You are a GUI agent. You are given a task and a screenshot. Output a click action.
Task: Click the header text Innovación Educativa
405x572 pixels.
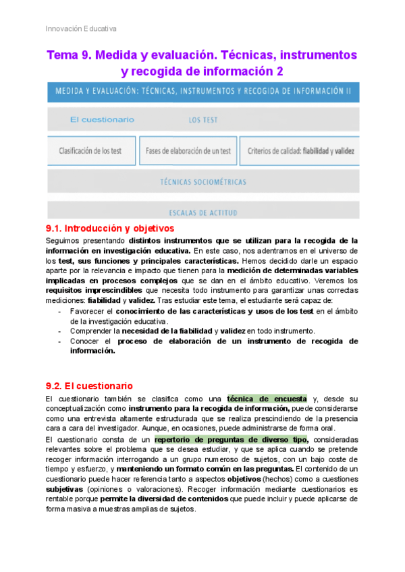click(80, 28)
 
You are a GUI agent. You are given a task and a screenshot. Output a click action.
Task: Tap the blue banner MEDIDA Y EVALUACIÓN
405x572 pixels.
click(202, 92)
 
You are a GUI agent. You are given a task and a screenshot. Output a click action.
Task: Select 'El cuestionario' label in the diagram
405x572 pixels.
click(102, 120)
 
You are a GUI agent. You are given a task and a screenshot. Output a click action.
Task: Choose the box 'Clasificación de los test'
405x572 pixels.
click(90, 151)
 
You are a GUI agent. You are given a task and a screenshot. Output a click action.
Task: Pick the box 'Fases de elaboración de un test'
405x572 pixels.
click(188, 151)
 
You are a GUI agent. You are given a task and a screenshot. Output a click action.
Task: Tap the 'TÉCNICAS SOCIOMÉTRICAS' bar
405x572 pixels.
click(202, 182)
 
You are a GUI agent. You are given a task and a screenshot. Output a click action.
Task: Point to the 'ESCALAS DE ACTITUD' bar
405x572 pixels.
click(202, 212)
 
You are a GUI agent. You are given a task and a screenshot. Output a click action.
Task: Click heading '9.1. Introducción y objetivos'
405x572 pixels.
click(109, 229)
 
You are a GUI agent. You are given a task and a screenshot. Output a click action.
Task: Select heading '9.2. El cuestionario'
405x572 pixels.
click(88, 387)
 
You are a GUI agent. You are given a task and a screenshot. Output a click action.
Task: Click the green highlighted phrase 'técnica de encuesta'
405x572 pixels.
click(267, 398)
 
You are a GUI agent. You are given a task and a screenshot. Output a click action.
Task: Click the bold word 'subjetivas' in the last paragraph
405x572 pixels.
click(66, 488)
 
